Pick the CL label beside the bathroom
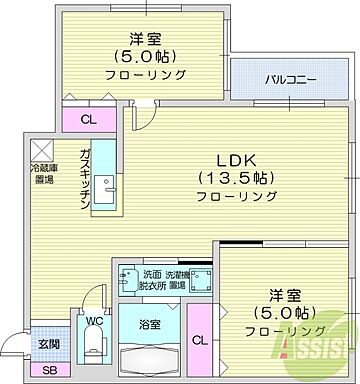click(x=200, y=340)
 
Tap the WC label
click(x=93, y=322)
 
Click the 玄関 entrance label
click(x=48, y=344)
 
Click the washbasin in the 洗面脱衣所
click(x=126, y=276)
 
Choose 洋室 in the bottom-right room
click(x=285, y=295)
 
